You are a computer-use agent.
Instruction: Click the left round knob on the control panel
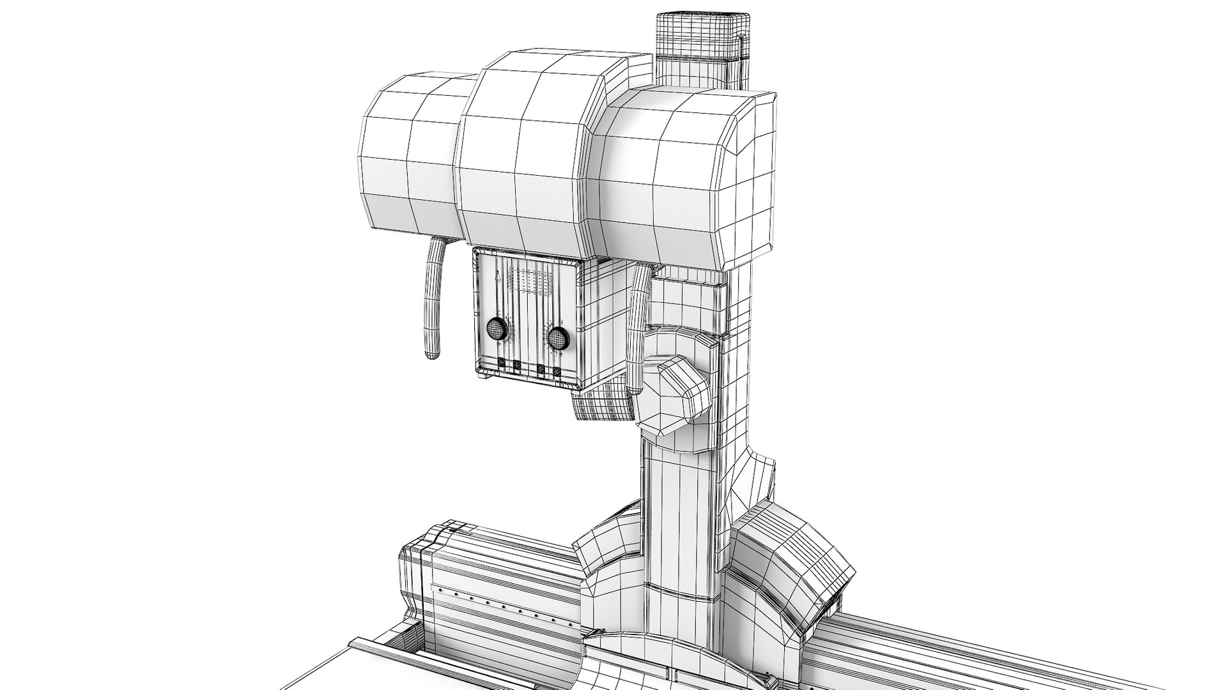click(x=497, y=330)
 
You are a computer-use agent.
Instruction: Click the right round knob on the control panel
click(x=557, y=336)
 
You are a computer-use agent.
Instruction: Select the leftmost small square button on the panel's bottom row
click(x=501, y=364)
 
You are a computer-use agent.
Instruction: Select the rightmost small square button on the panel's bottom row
click(x=557, y=371)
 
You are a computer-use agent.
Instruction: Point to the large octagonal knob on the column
click(x=672, y=396)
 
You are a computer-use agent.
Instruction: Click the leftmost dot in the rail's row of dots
click(x=438, y=588)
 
